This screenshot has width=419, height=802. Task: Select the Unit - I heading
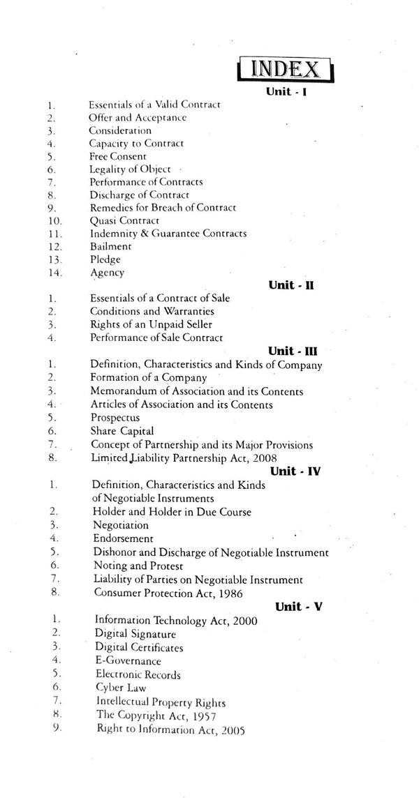(287, 91)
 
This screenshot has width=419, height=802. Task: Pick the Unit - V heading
(298, 607)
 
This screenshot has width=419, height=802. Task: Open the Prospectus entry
(115, 418)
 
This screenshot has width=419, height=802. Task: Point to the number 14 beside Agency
(52, 273)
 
